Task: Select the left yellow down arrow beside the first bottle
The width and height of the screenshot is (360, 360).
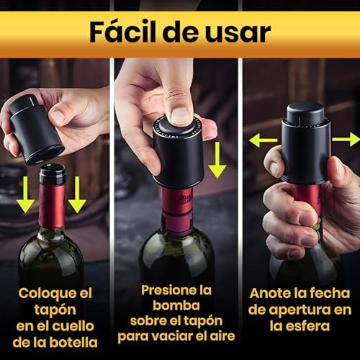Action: [x=25, y=194]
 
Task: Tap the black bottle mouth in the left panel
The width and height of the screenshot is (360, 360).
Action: [x=53, y=174]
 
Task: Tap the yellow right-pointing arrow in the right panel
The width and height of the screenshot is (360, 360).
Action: [x=346, y=139]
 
